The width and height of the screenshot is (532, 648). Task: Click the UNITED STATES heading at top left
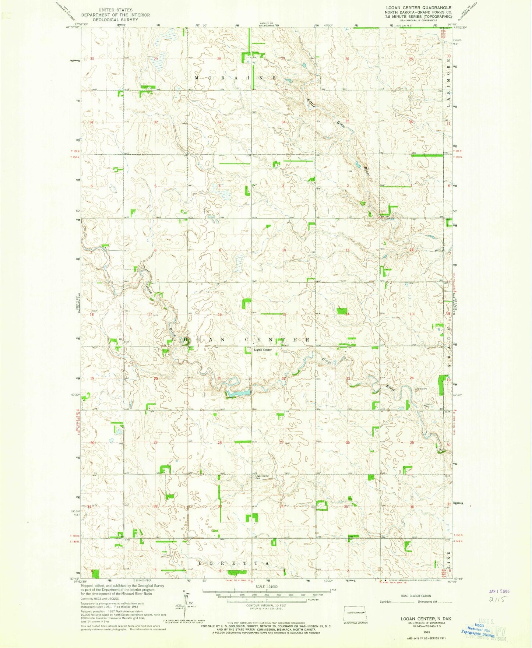click(115, 10)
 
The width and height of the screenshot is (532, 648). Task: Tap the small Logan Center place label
click(263, 349)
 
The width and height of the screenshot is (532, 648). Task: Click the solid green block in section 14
click(342, 311)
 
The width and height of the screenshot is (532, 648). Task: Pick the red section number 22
click(284, 378)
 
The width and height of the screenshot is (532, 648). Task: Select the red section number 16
click(220, 314)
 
